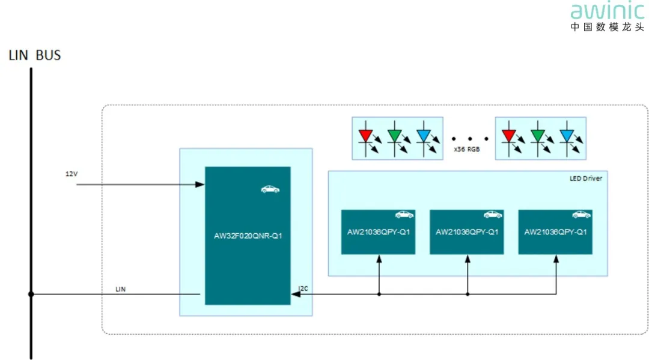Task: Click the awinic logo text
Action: (606, 11)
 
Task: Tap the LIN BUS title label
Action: (35, 55)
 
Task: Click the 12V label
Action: (72, 174)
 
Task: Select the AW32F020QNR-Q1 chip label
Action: (248, 236)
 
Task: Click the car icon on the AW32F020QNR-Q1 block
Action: (270, 189)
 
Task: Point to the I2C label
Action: (303, 288)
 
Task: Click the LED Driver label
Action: (585, 178)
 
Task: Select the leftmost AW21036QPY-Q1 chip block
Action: (378, 232)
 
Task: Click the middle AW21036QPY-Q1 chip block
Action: (467, 232)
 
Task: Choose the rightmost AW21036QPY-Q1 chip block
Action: (555, 232)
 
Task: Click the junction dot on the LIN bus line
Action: (31, 294)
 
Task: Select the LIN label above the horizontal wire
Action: (121, 289)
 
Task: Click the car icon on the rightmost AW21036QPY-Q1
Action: (580, 214)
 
